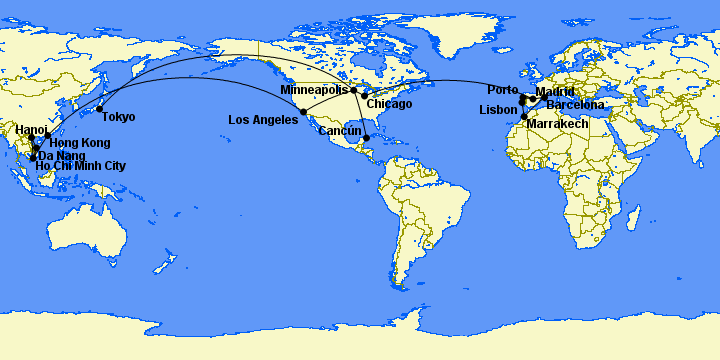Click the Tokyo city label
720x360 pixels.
pos(118,117)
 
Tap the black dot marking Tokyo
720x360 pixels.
pos(100,108)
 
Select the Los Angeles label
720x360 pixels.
pos(263,119)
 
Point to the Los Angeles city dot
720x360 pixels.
pos(303,111)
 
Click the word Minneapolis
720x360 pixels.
pos(314,90)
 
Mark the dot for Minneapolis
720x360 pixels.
pos(353,90)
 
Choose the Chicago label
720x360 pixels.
pos(389,104)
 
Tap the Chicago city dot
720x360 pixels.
pos(365,96)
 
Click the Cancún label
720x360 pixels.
pos(340,131)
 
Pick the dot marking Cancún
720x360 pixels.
pos(367,138)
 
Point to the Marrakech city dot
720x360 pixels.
pos(524,117)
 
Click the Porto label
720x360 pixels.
pos(503,90)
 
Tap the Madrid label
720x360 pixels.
pos(555,92)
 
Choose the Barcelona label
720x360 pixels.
pos(575,105)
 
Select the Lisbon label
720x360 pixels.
pos(498,110)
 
